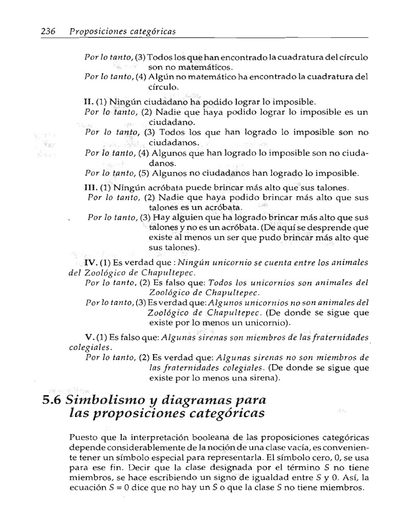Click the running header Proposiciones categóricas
point(122,32)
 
